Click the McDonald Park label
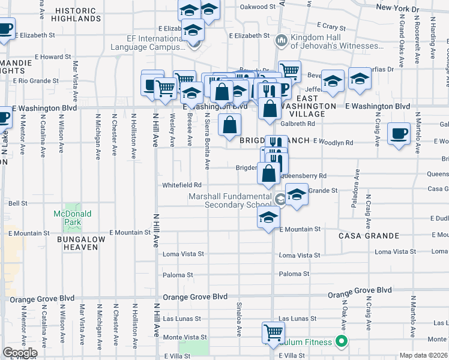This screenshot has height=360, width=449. tap(72, 218)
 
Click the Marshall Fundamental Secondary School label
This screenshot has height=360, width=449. tap(231, 200)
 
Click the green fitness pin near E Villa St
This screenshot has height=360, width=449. tap(342, 342)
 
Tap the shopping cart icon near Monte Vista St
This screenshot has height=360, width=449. tap(273, 332)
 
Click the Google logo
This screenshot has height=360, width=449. tap(20, 353)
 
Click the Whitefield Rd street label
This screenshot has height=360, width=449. tap(181, 185)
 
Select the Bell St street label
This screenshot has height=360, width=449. tap(19, 203)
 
